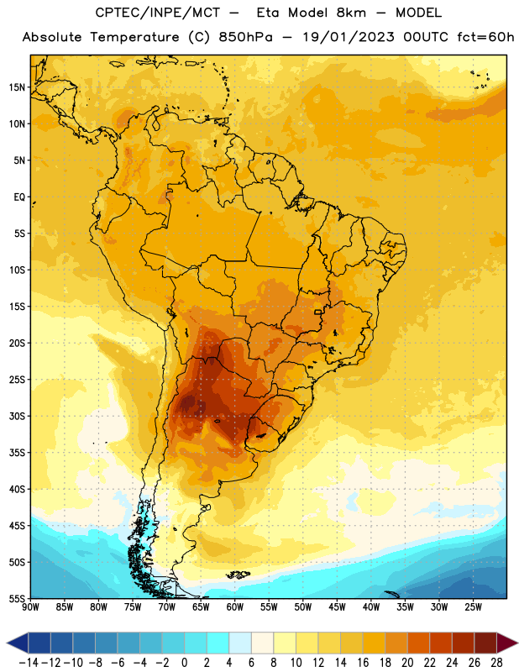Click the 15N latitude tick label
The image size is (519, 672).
17,87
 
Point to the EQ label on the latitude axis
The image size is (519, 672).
19,197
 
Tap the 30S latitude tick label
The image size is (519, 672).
17,416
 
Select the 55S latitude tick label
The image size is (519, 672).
17,599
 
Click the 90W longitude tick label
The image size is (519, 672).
30,607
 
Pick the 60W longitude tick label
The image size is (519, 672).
235,607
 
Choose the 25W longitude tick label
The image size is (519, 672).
473,607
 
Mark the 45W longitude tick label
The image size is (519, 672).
337,607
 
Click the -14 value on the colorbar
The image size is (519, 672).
29,663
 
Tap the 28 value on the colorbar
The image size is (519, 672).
496,663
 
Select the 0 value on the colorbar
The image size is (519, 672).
184,663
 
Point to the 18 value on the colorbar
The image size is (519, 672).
385,663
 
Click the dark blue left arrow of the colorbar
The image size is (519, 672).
18,643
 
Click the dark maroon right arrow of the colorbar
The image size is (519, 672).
507,643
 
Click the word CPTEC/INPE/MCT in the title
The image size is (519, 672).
157,13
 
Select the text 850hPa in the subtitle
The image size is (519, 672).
245,37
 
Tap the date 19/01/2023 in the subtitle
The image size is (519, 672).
349,37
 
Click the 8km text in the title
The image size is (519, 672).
351,13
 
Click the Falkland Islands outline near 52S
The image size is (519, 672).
239,575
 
